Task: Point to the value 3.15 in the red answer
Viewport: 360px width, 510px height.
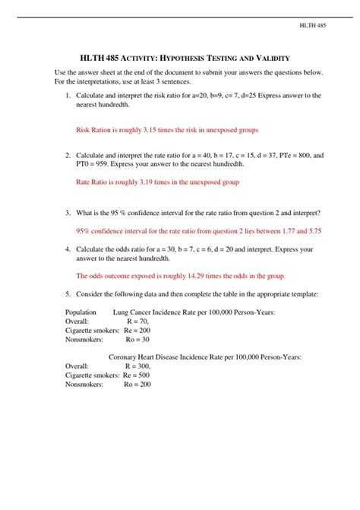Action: tap(153, 130)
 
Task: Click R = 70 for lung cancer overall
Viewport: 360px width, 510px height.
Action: tap(137, 322)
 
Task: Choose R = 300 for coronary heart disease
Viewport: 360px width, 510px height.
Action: tap(140, 366)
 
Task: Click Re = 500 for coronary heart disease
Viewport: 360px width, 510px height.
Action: tap(137, 375)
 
